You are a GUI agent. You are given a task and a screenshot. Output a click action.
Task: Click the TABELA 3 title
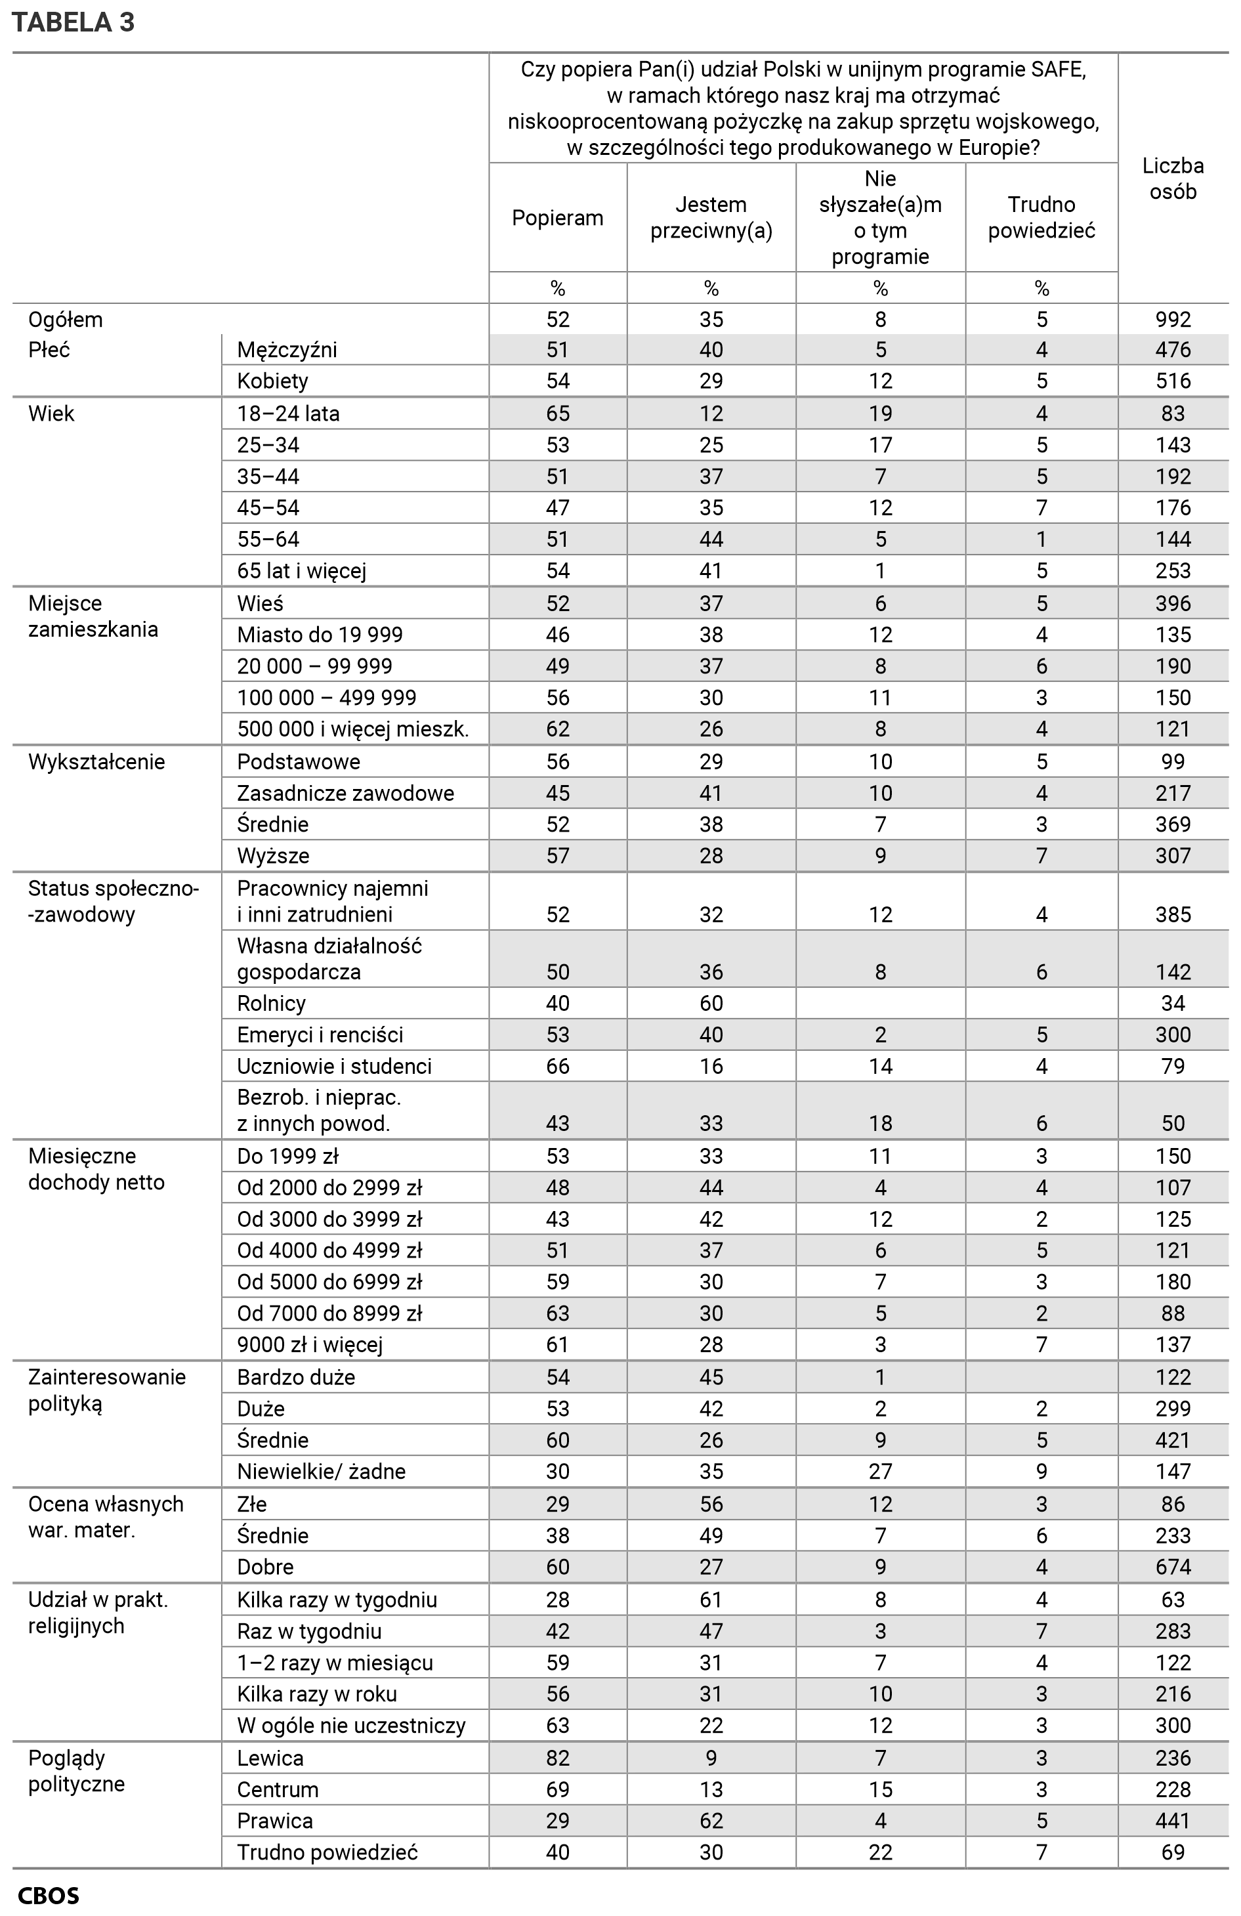pos(74,22)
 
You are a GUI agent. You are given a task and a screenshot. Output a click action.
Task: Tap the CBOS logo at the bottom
pos(49,1896)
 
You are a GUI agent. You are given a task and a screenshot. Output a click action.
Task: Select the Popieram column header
pos(557,218)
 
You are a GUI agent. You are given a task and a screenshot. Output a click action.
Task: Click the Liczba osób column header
pos(1173,179)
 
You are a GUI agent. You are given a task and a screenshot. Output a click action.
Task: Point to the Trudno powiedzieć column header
pos(1041,218)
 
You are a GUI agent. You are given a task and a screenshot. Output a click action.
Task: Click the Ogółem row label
pos(65,320)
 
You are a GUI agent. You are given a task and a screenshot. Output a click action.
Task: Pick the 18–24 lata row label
pos(288,414)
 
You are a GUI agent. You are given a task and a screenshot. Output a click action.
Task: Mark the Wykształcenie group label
pos(96,762)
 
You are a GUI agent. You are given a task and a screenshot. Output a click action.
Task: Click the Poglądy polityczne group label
pos(77,1771)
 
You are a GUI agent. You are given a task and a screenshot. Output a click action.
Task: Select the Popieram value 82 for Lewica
pos(557,1758)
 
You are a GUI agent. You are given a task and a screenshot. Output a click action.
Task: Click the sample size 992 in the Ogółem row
pos(1173,320)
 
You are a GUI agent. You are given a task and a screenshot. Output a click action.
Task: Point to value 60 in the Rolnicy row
pos(711,1004)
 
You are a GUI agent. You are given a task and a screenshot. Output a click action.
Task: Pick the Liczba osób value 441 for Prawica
pos(1173,1821)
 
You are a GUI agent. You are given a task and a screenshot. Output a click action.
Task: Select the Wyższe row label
pos(273,856)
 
